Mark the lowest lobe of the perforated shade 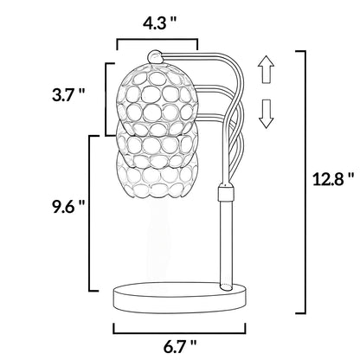[149, 182]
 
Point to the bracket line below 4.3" [157, 39]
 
